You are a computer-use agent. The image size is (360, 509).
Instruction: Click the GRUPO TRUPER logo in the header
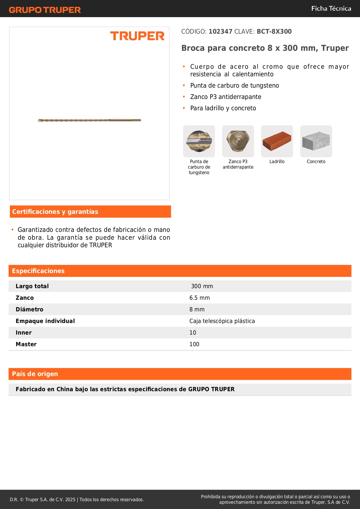click(45, 10)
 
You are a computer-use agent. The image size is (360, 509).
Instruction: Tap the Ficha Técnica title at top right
click(331, 9)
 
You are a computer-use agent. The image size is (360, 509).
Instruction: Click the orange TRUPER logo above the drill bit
click(137, 36)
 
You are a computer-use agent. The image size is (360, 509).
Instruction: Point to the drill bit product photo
click(89, 120)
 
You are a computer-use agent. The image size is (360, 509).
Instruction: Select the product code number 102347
click(220, 32)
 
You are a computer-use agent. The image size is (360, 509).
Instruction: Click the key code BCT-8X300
click(274, 32)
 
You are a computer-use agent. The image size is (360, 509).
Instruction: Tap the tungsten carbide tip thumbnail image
click(199, 141)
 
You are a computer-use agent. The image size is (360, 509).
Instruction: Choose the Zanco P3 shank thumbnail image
click(238, 141)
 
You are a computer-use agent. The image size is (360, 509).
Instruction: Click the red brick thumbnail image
click(277, 141)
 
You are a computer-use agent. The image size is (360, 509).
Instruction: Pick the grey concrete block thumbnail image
click(316, 141)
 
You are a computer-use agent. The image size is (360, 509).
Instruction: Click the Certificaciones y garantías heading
click(55, 212)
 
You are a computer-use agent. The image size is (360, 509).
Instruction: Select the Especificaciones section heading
click(38, 271)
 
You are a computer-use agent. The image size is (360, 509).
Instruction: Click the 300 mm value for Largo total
click(202, 286)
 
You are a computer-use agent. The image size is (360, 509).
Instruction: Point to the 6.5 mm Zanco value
click(200, 298)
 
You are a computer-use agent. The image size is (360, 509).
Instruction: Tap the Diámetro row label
click(30, 309)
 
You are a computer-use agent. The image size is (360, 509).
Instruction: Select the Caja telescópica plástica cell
click(222, 321)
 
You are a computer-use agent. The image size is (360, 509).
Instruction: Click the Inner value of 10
click(193, 333)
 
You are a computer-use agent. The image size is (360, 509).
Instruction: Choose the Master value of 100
click(194, 344)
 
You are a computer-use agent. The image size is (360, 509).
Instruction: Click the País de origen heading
click(35, 374)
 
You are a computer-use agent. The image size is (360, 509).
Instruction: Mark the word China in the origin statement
click(65, 389)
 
